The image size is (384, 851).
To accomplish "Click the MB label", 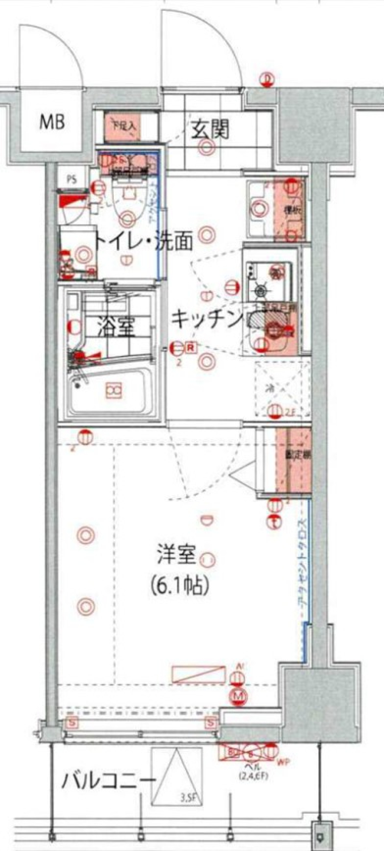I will click(52, 122).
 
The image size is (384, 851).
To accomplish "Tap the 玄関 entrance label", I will click(210, 130).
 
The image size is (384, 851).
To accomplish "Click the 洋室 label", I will click(176, 555).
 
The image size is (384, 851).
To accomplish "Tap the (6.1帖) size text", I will click(180, 586).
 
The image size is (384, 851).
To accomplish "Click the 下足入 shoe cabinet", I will click(122, 128).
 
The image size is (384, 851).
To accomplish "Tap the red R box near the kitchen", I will click(191, 347).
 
